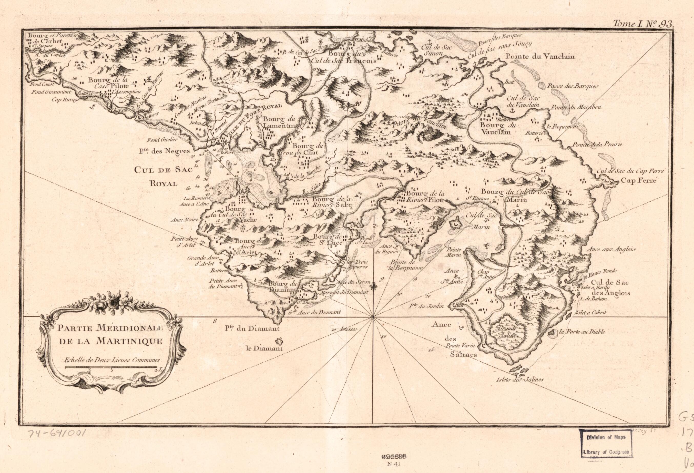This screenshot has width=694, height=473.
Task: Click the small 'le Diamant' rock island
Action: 279,341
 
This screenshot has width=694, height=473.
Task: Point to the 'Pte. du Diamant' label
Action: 252,329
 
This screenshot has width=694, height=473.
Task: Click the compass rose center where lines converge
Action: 372,317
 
